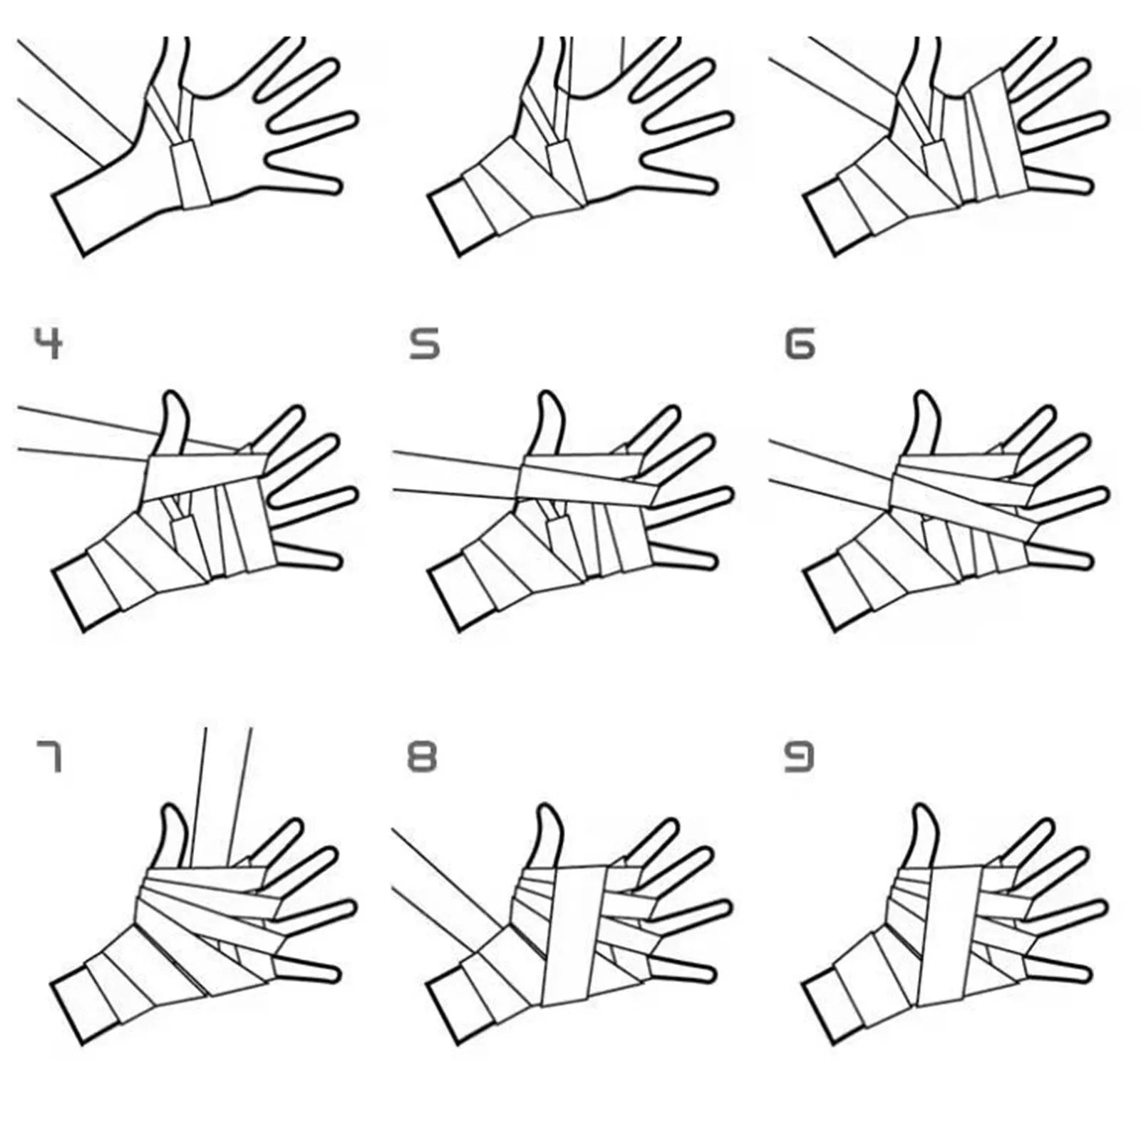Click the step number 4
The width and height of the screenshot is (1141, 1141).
click(48, 344)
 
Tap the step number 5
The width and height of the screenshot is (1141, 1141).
click(425, 344)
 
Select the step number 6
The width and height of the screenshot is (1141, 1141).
click(800, 344)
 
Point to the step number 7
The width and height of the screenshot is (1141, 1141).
click(48, 757)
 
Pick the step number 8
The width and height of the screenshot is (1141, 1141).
click(422, 757)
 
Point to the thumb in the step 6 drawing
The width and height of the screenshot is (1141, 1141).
click(923, 423)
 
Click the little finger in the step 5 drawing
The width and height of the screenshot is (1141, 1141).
click(681, 555)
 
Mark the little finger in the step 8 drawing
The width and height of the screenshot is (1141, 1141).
click(681, 969)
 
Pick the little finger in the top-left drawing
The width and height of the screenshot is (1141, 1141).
click(303, 172)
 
